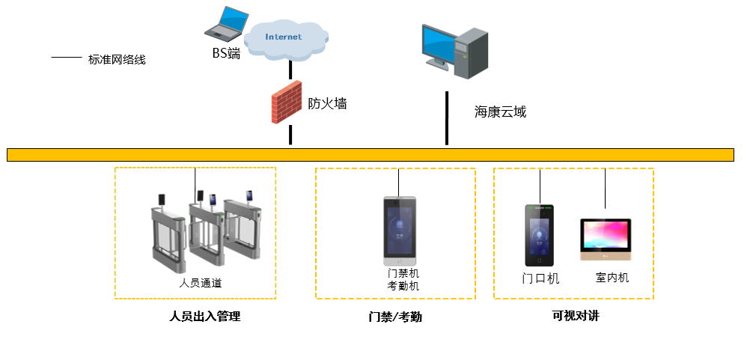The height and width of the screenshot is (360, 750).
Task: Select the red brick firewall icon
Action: (286, 103)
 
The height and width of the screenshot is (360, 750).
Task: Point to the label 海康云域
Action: (500, 112)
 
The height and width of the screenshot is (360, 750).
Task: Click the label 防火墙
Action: (327, 104)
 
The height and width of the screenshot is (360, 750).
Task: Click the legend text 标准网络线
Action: (117, 60)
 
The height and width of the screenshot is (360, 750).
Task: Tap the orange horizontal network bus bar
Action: (371, 155)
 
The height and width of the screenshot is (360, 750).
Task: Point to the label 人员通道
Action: (201, 283)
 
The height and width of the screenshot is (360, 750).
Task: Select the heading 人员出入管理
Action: (205, 317)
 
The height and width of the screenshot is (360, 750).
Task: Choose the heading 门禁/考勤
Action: (395, 317)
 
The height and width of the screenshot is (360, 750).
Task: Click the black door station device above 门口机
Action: (539, 235)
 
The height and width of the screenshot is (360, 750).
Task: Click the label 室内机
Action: (612, 278)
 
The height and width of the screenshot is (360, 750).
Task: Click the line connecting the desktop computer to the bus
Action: (447, 118)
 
